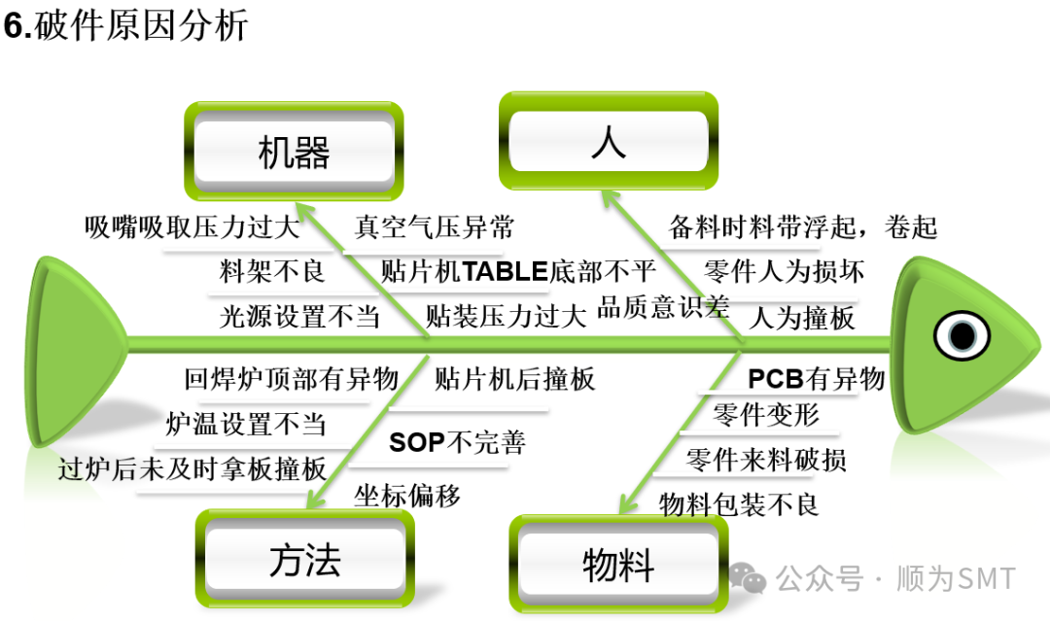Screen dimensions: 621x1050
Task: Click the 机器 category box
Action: point(294,152)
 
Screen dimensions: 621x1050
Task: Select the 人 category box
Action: point(609,142)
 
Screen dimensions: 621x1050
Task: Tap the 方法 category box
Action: point(305,560)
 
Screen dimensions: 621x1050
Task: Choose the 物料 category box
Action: point(618,564)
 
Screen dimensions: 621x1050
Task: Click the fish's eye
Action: point(962,335)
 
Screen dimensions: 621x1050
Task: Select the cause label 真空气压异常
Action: point(434,228)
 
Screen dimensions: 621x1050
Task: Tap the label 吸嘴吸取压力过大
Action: point(191,227)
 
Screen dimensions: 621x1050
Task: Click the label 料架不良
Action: point(272,271)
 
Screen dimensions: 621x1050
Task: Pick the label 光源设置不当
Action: point(299,316)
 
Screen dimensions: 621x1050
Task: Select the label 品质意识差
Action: point(663,308)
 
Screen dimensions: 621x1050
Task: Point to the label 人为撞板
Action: point(802,317)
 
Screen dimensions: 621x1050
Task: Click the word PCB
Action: point(772,378)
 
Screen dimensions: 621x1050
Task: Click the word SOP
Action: point(416,443)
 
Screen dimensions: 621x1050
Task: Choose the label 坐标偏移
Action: point(406,496)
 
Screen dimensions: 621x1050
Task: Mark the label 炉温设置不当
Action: point(246,424)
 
